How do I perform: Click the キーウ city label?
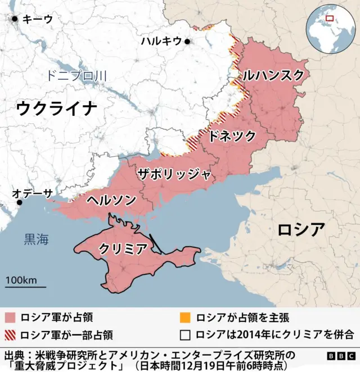pos(37,19)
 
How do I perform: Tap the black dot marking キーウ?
pos(15,19)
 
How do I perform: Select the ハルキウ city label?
pos(161,40)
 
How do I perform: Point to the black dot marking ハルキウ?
pos(187,41)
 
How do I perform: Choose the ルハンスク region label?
pos(273,75)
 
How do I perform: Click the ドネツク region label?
pos(232,135)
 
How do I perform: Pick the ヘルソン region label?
pos(111,199)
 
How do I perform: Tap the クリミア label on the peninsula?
pos(123,248)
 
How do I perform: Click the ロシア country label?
pos(301,229)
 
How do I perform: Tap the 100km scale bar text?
pos(21,280)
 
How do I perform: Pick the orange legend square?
pos(185,317)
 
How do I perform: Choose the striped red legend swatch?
pos(10,335)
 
